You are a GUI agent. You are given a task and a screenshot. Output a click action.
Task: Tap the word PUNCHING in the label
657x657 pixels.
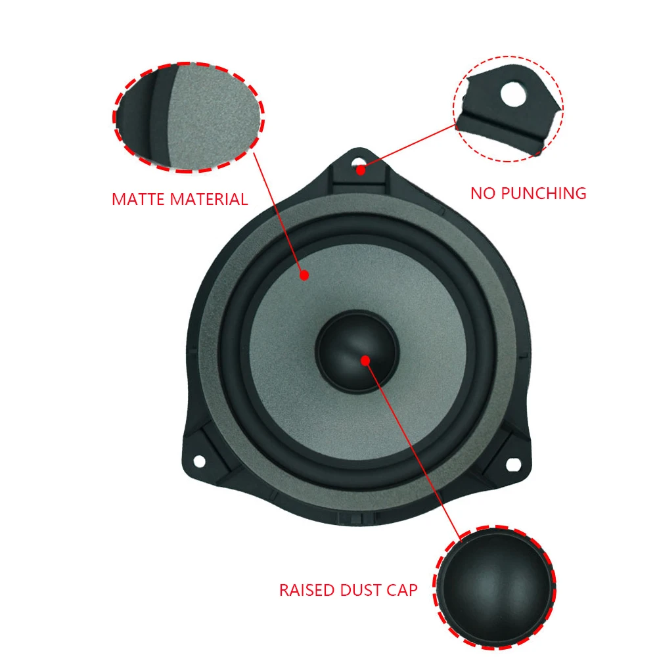(x=544, y=193)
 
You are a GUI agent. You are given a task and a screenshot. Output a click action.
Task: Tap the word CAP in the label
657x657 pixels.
(x=402, y=590)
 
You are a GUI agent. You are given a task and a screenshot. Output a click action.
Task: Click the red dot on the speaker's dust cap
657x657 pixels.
(x=365, y=359)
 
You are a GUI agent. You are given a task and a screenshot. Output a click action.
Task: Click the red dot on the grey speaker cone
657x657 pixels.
(x=304, y=275)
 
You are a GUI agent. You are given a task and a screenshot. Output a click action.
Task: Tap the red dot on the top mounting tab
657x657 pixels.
(x=361, y=170)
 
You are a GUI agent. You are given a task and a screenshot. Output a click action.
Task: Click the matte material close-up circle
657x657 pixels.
(x=189, y=118)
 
